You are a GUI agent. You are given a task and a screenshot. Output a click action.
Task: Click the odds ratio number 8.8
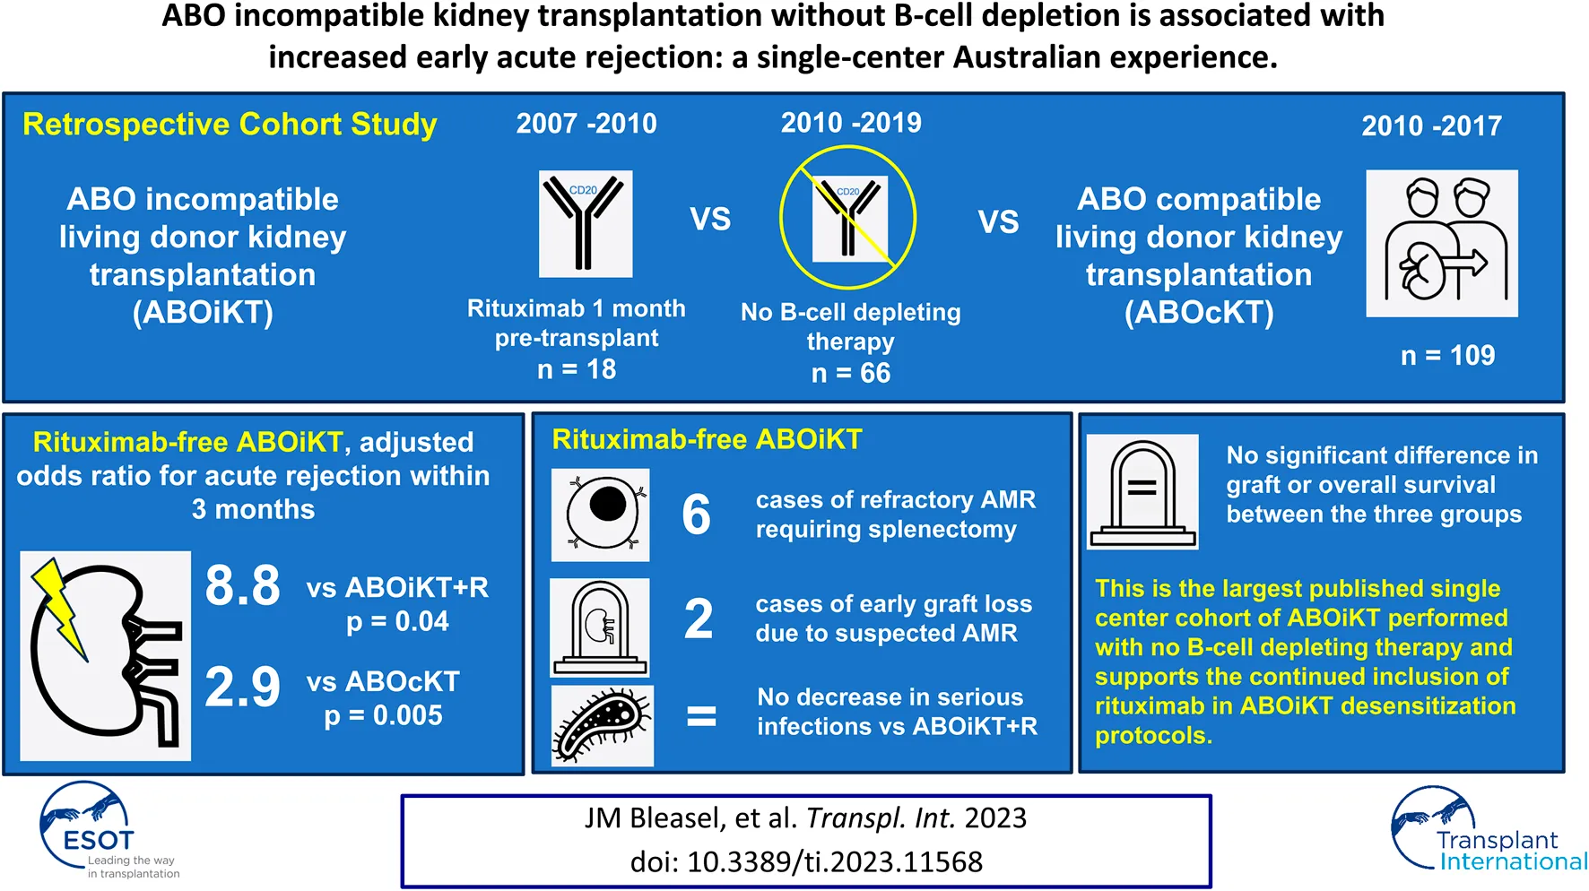click(x=242, y=586)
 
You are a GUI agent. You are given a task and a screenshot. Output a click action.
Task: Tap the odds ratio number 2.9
click(x=242, y=688)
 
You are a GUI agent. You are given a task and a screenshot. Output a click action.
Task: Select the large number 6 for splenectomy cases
click(x=697, y=515)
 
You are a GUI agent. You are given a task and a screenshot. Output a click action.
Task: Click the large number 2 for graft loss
click(x=699, y=619)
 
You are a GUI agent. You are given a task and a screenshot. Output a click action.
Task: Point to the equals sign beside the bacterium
click(x=701, y=716)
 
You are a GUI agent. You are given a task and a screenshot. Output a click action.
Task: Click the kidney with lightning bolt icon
click(x=106, y=656)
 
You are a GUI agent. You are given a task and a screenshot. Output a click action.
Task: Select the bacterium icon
click(x=603, y=726)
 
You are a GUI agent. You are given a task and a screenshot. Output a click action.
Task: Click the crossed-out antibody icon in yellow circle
click(x=848, y=218)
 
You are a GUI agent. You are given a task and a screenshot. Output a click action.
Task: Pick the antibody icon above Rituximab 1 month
click(x=586, y=223)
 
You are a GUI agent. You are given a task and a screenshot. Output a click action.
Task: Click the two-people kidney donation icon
click(x=1442, y=243)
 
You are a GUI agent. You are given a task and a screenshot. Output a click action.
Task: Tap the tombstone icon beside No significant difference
click(x=1142, y=491)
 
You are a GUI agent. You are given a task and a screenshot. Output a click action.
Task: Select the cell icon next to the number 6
click(x=601, y=515)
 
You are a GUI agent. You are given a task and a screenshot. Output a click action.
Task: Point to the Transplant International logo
click(x=1489, y=830)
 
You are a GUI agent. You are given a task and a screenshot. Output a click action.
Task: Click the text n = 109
click(x=1448, y=356)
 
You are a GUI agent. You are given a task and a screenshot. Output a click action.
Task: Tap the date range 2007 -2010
click(x=586, y=124)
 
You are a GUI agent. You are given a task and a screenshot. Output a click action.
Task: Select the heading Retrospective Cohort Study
click(x=230, y=125)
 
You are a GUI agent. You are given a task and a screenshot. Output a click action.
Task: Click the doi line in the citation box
click(x=806, y=862)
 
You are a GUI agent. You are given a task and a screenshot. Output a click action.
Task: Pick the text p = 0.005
click(x=384, y=716)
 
